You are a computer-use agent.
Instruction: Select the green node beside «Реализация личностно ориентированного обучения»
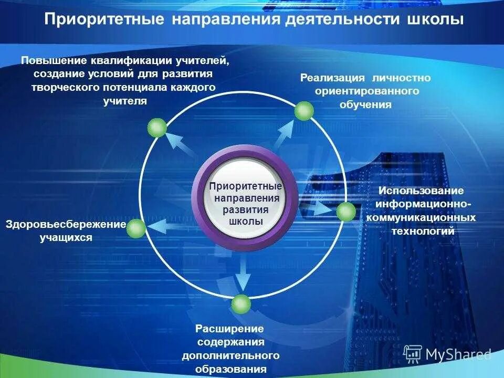point(303,111)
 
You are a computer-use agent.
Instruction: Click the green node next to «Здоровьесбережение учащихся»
point(135,228)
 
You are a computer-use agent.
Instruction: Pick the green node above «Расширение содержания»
point(241,304)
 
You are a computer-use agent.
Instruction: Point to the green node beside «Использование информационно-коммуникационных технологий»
point(345,212)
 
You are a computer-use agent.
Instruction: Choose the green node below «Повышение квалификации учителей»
point(157,128)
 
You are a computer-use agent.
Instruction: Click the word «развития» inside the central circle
point(246,209)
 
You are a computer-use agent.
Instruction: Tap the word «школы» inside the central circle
point(246,221)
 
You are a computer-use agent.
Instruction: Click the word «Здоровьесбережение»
point(66,225)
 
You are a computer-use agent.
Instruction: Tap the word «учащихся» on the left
point(66,237)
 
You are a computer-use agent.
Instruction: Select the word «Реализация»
point(332,78)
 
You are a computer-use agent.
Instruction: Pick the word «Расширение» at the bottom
point(229,329)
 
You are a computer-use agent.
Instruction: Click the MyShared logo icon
point(413,355)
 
